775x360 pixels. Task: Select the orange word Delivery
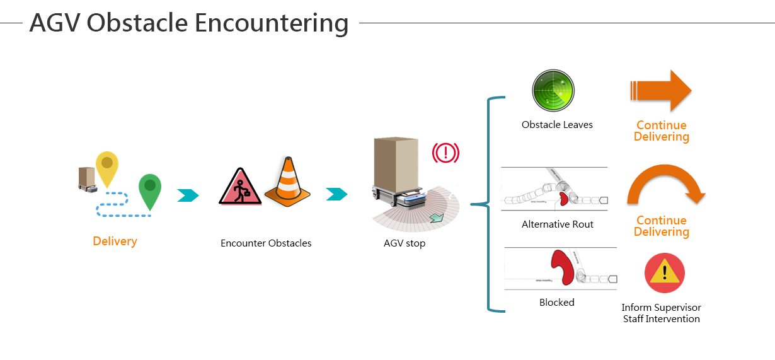tap(115, 241)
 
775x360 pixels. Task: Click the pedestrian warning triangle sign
tap(240, 188)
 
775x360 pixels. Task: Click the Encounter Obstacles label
tap(266, 243)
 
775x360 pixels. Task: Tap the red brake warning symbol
tap(445, 153)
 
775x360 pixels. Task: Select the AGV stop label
tap(405, 243)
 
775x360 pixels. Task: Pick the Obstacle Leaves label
tap(557, 125)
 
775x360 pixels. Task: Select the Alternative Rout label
tap(558, 224)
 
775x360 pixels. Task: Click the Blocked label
tap(557, 302)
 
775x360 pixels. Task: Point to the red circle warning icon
tap(665, 273)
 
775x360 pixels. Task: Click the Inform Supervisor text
tap(661, 308)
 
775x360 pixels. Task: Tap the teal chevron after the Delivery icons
tap(188, 195)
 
